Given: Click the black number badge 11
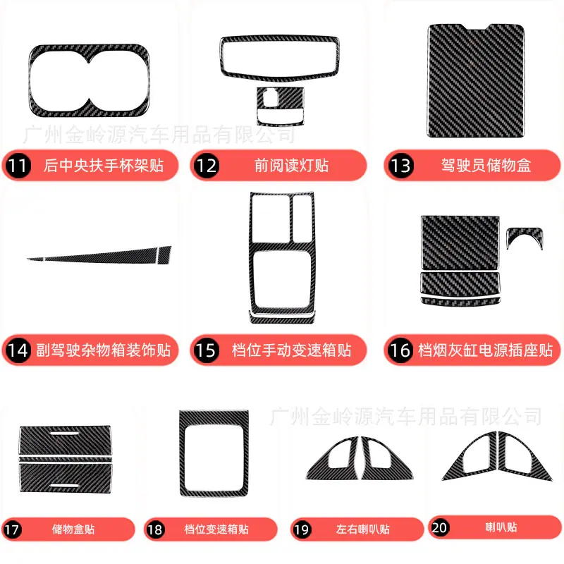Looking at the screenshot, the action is tap(18, 166).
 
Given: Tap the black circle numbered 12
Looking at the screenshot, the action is tap(206, 166).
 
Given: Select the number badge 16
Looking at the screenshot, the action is tap(400, 350).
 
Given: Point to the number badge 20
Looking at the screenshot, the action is tap(439, 527).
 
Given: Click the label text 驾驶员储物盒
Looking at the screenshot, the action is tap(486, 166).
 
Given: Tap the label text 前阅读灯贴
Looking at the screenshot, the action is tap(291, 166).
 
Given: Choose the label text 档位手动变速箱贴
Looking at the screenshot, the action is tap(291, 350).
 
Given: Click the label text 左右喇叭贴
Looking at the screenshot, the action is tap(363, 529).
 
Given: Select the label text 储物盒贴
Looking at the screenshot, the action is tap(73, 529).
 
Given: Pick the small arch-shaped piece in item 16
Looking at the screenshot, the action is tap(525, 232).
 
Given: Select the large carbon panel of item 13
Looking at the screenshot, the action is tap(475, 81).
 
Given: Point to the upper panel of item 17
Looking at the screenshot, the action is tap(65, 441).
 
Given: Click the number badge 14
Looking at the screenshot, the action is tap(18, 350).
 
